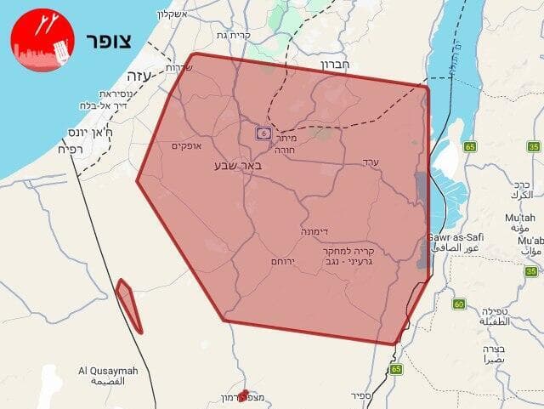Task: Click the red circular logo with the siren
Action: click(42, 40)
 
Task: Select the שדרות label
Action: click(178, 66)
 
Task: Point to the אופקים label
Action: click(185, 146)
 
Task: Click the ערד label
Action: click(370, 162)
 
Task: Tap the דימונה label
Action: click(314, 231)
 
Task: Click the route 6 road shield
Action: click(263, 133)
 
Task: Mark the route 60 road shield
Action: click(459, 304)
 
